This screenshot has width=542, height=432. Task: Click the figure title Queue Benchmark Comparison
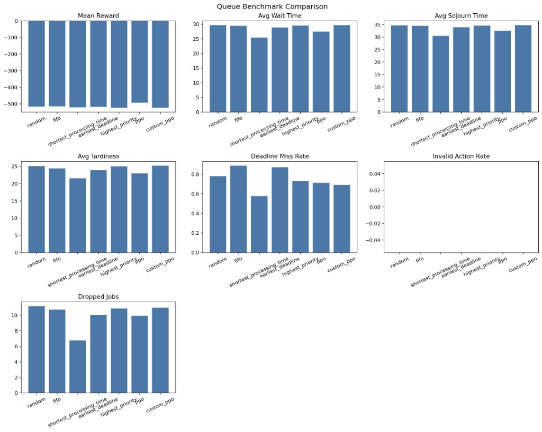272,7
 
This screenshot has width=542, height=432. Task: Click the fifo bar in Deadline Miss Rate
239,209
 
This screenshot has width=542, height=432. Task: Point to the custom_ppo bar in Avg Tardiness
160,209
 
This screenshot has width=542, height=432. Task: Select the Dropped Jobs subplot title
98,297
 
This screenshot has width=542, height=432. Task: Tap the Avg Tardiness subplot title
98,156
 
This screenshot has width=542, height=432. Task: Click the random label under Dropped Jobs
37,403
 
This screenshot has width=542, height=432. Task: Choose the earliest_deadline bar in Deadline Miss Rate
280,210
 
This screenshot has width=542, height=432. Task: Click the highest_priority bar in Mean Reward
119,64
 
